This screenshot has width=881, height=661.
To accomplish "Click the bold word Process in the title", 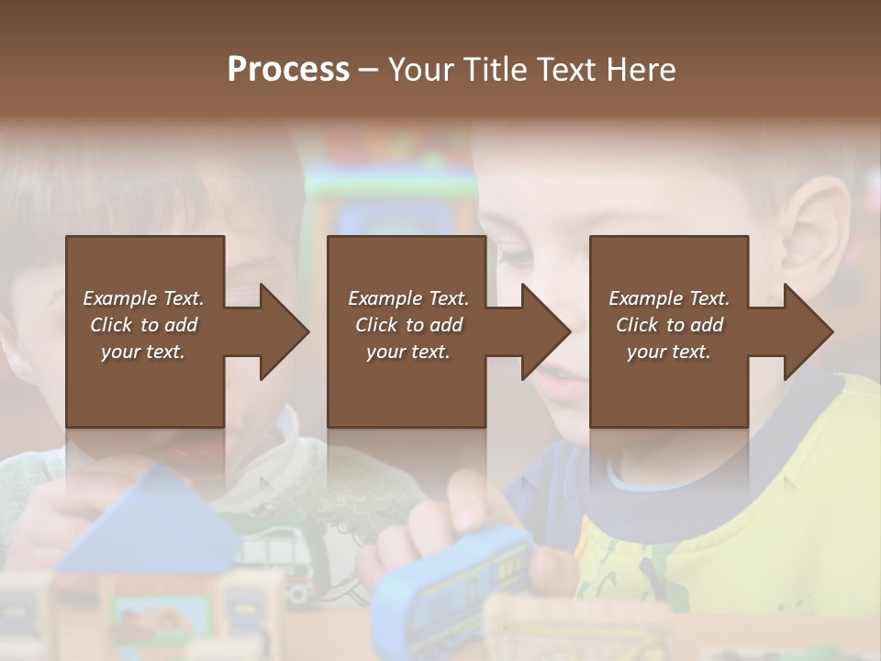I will pyautogui.click(x=288, y=70).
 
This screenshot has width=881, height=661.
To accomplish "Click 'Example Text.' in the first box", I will pyautogui.click(x=143, y=298).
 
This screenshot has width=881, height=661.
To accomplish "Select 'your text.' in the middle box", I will pyautogui.click(x=407, y=352).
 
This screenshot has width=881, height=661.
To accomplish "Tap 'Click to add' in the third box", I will pyautogui.click(x=669, y=325).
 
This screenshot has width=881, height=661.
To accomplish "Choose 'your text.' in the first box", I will pyautogui.click(x=143, y=352).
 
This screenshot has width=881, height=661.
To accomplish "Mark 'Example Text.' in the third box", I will pyautogui.click(x=669, y=298).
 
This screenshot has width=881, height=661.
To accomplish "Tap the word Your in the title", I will pyautogui.click(x=421, y=70).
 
